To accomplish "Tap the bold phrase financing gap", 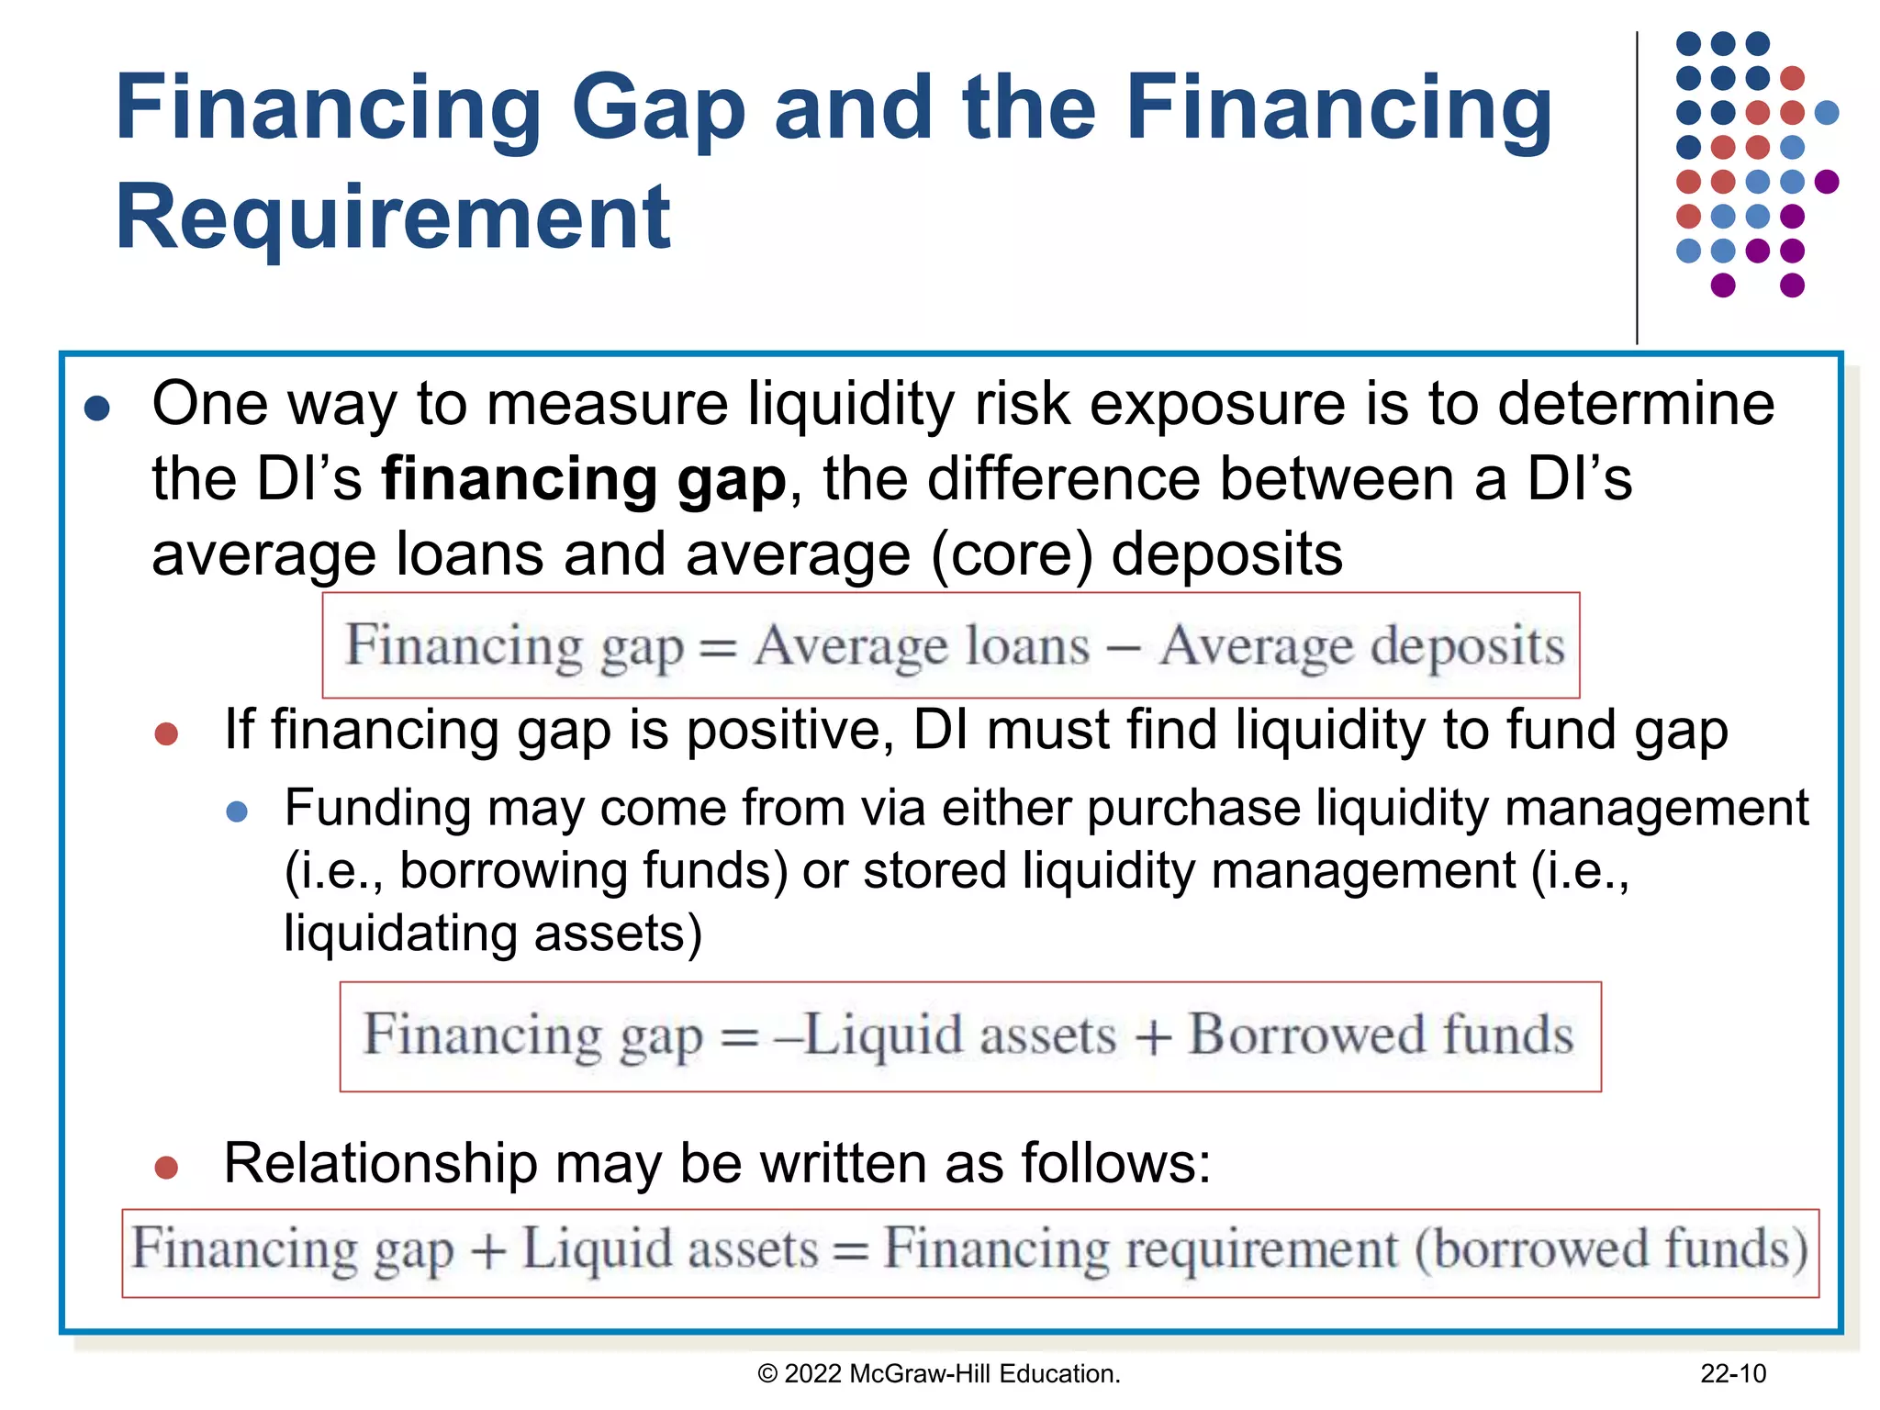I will click(584, 479).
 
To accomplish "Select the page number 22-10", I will click(1732, 1373).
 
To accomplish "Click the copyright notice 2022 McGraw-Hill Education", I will click(938, 1373).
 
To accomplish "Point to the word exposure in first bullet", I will click(1223, 404).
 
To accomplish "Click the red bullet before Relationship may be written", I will click(166, 1168).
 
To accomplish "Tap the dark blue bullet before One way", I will click(97, 408).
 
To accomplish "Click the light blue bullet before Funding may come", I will click(237, 811).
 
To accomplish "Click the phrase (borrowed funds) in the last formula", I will click(1611, 1250).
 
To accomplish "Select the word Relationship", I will click(380, 1164).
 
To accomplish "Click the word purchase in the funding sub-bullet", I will click(1193, 809).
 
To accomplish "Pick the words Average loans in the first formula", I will click(922, 646).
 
